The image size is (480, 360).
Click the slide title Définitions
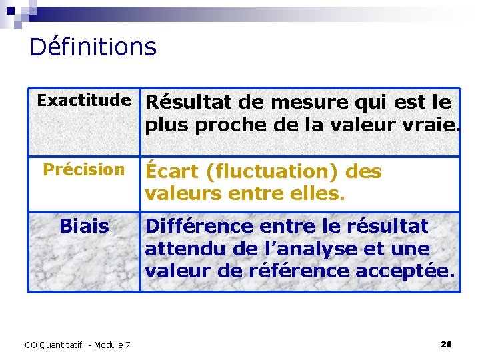pyautogui.click(x=93, y=47)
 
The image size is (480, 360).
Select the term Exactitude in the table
pyautogui.click(x=83, y=101)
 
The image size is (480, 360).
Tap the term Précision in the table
pyautogui.click(x=83, y=169)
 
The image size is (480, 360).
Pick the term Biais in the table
pyautogui.click(x=83, y=226)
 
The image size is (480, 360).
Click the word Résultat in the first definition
pyautogui.click(x=181, y=103)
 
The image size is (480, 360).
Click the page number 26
pyautogui.click(x=446, y=344)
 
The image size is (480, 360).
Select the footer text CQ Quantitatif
pyautogui.click(x=53, y=345)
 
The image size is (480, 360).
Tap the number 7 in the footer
pyautogui.click(x=127, y=345)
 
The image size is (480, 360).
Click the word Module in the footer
pyautogui.click(x=108, y=345)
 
